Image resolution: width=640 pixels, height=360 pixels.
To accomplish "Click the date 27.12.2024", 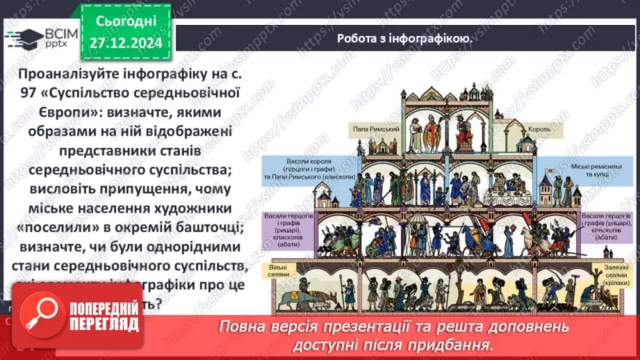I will click(x=125, y=44).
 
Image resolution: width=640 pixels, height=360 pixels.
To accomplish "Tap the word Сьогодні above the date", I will click(x=125, y=21).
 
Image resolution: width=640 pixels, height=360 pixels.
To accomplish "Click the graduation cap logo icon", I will click(x=22, y=38).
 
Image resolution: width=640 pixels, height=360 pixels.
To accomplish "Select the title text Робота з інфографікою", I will click(x=404, y=39).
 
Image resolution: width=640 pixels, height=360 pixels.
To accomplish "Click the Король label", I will click(x=539, y=129).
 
